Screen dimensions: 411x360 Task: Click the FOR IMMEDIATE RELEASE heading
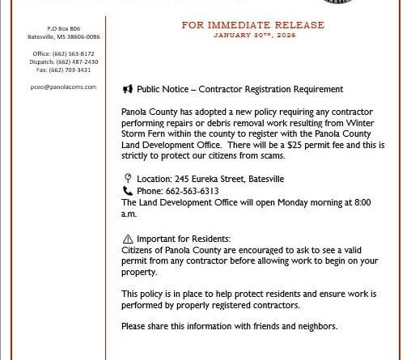click(252, 25)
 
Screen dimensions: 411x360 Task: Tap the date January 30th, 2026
click(254, 36)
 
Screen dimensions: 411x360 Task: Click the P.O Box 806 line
click(64, 28)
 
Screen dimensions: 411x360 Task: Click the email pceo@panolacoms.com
click(63, 87)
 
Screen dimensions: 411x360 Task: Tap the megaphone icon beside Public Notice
click(127, 89)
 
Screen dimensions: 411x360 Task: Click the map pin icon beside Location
click(128, 179)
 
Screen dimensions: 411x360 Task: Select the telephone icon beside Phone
click(128, 191)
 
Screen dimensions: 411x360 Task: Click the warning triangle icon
click(128, 239)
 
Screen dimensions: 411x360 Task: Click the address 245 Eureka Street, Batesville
click(227, 179)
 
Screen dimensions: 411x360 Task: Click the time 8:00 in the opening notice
click(362, 202)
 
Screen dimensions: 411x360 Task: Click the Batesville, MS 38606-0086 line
click(64, 36)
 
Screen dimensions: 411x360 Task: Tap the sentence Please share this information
click(229, 326)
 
